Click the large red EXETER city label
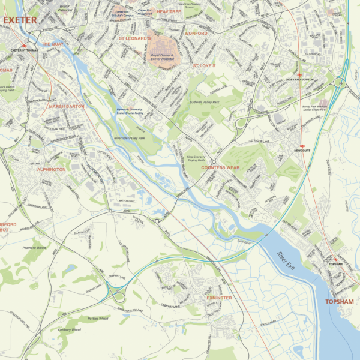click(20, 20)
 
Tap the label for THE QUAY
click(52, 44)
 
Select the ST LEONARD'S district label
click(134, 38)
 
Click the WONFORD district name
click(196, 34)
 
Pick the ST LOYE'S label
click(203, 65)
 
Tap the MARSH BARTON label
click(67, 106)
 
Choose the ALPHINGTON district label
click(52, 170)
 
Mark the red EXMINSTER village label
click(219, 297)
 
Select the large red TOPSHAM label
click(340, 301)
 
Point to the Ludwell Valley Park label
click(204, 103)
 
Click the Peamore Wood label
click(34, 247)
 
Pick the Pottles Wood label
click(97, 319)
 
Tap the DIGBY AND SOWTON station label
click(299, 79)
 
